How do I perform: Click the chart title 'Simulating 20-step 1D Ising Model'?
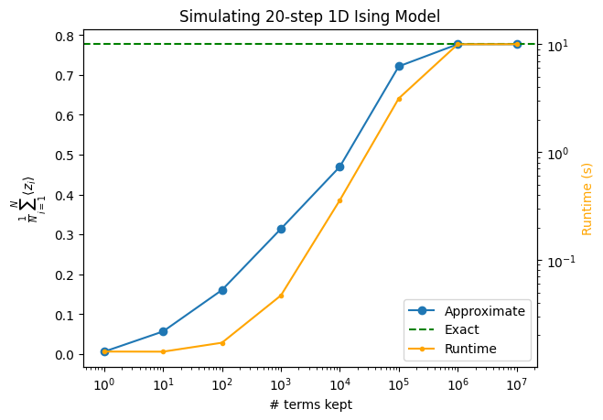pyautogui.click(x=309, y=16)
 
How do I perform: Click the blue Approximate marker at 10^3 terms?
pyautogui.click(x=281, y=229)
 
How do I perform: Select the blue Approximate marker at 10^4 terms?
pyautogui.click(x=339, y=167)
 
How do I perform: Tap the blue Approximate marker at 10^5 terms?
pyautogui.click(x=399, y=66)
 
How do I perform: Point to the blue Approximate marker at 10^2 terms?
pyautogui.click(x=222, y=290)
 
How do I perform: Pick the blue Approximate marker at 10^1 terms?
pyautogui.click(x=163, y=331)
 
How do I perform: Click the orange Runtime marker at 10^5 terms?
pyautogui.click(x=399, y=98)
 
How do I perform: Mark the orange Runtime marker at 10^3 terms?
pyautogui.click(x=281, y=296)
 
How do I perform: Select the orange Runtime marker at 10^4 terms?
pyautogui.click(x=339, y=200)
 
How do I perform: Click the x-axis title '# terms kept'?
pyautogui.click(x=309, y=404)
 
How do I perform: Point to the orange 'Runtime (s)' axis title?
pyautogui.click(x=587, y=199)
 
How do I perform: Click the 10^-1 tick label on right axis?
pyautogui.click(x=559, y=263)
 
